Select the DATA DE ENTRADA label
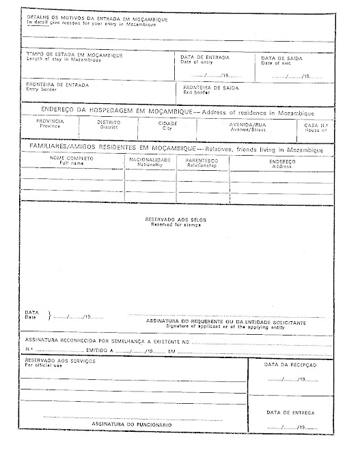click(205, 57)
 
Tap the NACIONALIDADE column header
click(150, 159)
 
